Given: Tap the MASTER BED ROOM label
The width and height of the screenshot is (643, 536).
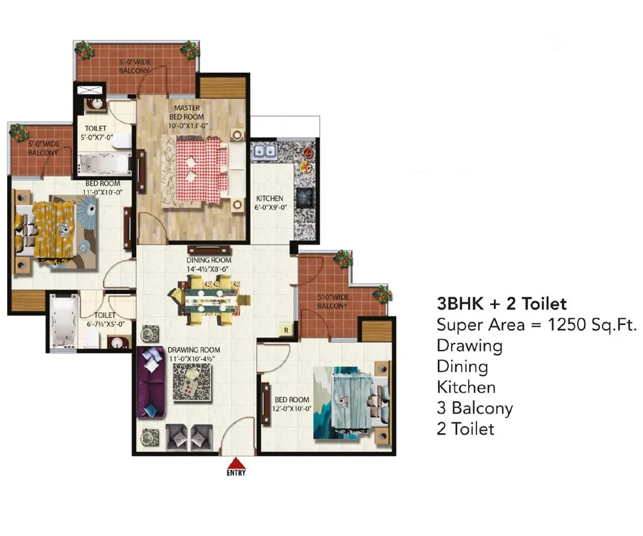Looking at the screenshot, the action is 186,113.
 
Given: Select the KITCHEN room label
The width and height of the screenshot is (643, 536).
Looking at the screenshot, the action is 269,199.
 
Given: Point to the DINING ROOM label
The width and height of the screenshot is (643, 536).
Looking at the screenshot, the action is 209,260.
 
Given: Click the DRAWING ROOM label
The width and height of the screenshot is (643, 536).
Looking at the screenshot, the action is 194,350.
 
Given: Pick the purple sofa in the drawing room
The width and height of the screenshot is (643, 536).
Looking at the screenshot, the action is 151,382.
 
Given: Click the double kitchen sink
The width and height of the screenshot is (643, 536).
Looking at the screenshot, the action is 264,151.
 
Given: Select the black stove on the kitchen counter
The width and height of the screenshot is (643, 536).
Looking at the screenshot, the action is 305,198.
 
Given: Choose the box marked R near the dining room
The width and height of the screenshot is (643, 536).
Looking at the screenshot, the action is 286,330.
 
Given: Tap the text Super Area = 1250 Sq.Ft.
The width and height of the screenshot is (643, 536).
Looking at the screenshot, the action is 536,325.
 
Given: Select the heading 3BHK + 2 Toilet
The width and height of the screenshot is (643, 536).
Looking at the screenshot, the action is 502,304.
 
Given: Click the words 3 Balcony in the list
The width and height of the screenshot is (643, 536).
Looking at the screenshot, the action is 475,409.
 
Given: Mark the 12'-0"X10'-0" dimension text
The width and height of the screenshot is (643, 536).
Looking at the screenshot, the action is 292,409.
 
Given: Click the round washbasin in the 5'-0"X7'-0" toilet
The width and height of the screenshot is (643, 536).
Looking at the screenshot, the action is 97,104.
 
